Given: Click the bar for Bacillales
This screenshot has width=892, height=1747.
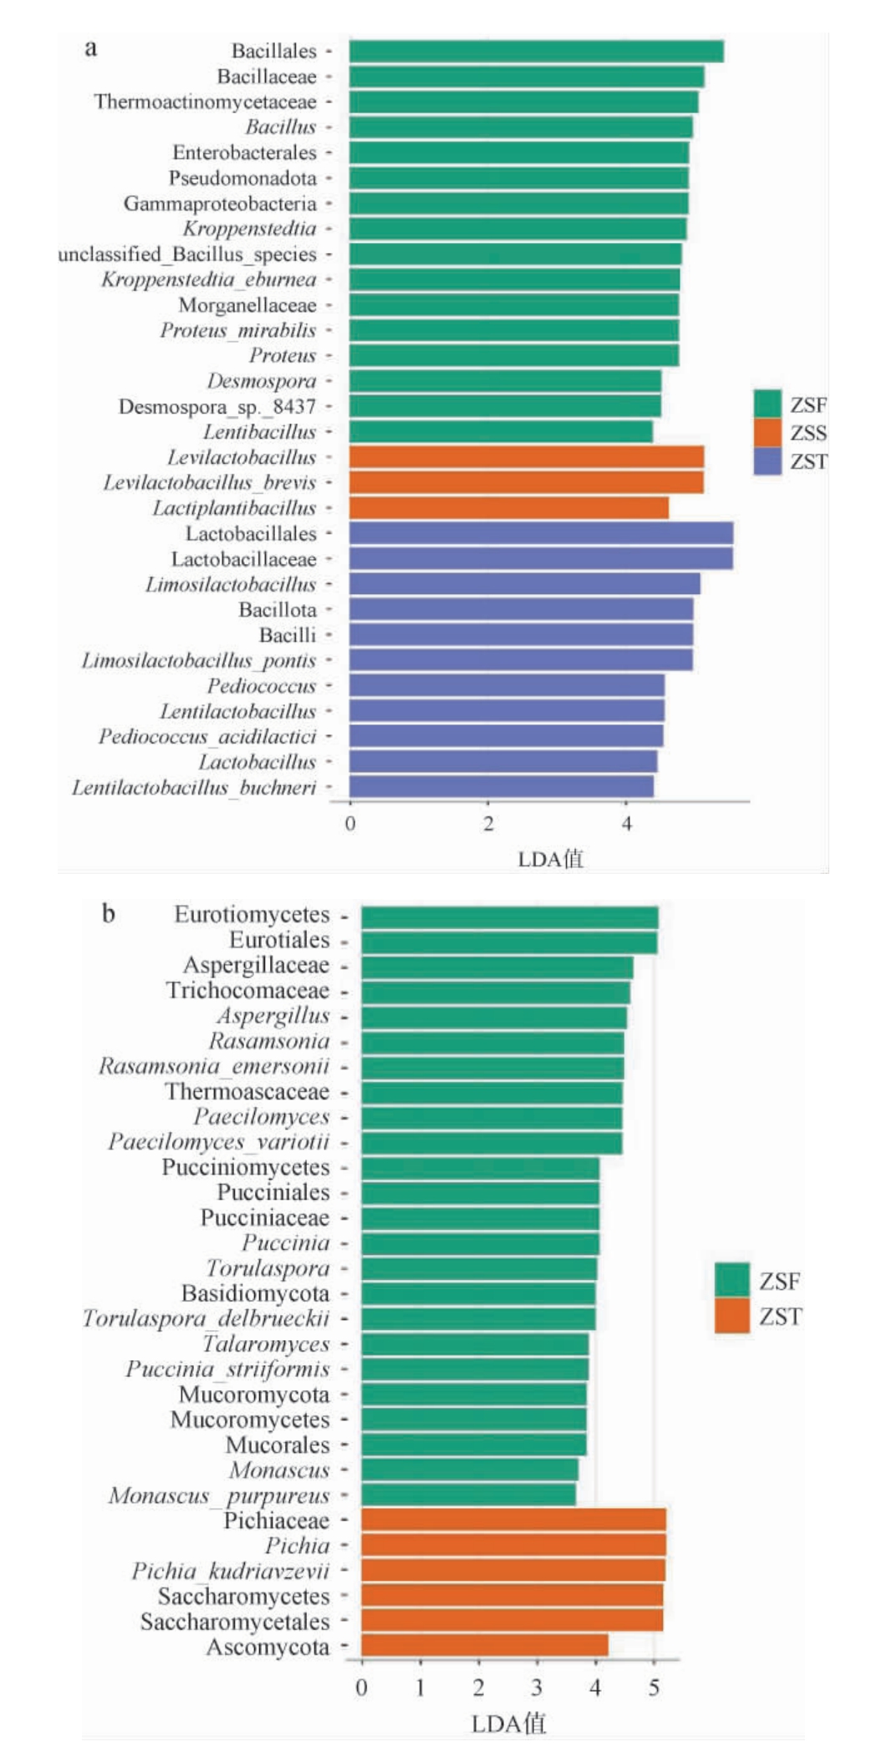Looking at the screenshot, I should (x=536, y=51).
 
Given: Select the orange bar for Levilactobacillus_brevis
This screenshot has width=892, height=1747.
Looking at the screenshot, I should (x=526, y=482).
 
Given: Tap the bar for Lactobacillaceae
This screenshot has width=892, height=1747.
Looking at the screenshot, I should (x=541, y=558).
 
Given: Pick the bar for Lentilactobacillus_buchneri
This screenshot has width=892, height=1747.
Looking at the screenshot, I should (x=502, y=787).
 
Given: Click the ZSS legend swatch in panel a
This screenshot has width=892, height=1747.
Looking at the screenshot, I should (x=767, y=433).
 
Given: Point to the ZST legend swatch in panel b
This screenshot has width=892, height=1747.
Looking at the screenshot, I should (x=731, y=1316).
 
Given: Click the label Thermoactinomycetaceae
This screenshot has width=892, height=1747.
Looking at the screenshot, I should (x=206, y=102).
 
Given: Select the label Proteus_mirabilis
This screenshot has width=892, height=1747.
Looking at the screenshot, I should (x=238, y=330).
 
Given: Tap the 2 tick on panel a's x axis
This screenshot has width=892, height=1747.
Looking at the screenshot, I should (x=488, y=824).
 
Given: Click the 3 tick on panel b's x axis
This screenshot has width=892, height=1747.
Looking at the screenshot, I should (x=537, y=1688).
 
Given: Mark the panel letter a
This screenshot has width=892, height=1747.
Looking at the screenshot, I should (x=91, y=48).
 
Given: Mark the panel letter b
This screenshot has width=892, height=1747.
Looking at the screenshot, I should (x=109, y=913).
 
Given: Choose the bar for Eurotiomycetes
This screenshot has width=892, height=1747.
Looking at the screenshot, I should (x=509, y=917).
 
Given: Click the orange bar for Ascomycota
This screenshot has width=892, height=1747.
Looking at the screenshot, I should (x=484, y=1646).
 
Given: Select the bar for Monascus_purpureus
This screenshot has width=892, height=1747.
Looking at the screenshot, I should (x=468, y=1495).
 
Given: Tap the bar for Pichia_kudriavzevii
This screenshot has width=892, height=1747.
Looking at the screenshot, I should (x=513, y=1570).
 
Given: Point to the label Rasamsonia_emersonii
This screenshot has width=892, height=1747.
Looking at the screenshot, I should (x=214, y=1066).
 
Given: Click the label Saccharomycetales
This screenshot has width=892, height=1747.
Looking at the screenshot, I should (x=235, y=1622).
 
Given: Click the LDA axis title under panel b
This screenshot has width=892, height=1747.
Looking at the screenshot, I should (x=508, y=1723).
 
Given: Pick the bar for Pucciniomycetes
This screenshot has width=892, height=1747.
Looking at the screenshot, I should (x=480, y=1168).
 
